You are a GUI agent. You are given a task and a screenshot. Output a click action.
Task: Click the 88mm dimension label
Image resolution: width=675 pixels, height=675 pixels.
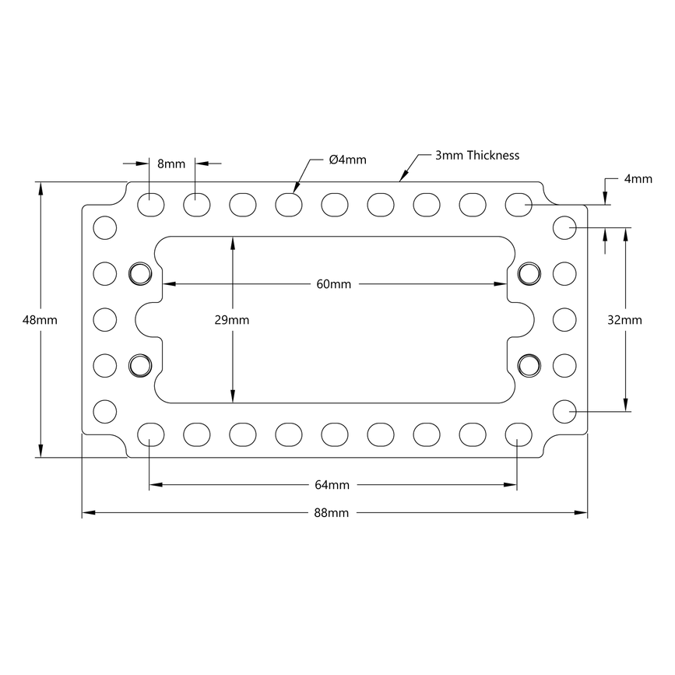coord(332,513)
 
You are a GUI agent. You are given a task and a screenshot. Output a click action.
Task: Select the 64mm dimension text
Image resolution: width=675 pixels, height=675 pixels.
coord(332,485)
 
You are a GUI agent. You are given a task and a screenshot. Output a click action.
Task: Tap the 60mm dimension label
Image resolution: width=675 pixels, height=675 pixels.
coord(333,284)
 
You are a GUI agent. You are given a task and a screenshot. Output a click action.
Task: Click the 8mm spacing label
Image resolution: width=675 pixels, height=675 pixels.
coord(171,163)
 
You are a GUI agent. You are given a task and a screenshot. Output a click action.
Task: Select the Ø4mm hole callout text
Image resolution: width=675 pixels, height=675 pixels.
coord(347,160)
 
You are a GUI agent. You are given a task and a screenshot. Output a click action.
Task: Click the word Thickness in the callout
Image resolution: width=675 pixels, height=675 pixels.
coord(493,155)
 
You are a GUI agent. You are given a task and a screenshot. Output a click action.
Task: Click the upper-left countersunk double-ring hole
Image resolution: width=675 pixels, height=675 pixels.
coord(140,272)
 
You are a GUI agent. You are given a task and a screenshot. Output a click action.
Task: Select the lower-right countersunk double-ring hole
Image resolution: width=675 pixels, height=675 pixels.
coord(528,364)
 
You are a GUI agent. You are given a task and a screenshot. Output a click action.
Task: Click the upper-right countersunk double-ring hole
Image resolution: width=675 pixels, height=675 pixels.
coord(528,272)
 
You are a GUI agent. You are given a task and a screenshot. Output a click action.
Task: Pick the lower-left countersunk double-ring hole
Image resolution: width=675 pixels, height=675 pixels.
coord(140,364)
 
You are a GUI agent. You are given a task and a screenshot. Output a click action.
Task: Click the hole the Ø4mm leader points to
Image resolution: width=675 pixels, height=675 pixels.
coord(289,204)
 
